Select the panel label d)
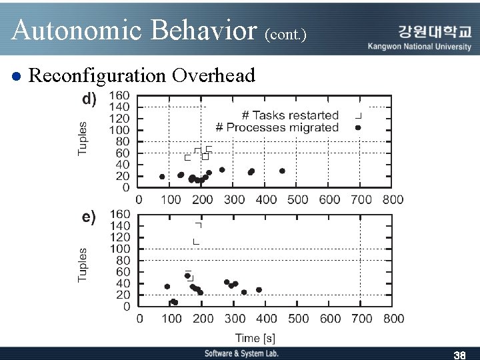[89, 99]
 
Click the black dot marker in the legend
[358, 127]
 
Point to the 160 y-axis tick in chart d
[119, 95]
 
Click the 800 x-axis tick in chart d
[393, 199]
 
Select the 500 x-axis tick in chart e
[298, 319]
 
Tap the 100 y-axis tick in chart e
[120, 249]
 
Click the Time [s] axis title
[255, 339]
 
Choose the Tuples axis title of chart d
[83, 138]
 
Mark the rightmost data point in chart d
[282, 171]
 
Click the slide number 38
[459, 354]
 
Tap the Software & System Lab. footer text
[241, 353]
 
